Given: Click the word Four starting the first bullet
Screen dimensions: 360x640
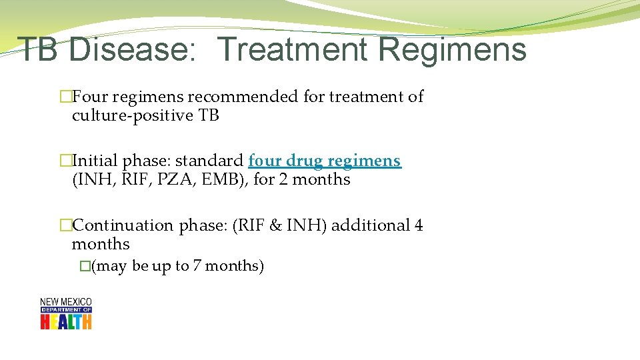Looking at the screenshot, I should (90, 97).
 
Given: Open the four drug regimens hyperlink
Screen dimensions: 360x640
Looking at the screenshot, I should (325, 161).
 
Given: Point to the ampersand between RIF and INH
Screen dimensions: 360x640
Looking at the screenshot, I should (275, 225).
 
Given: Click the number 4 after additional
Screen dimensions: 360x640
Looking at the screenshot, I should (419, 225).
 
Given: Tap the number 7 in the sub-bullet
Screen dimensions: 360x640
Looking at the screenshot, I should (197, 266).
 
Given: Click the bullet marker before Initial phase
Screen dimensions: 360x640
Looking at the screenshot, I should (65, 161).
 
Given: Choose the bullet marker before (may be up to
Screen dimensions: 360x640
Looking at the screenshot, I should (85, 266).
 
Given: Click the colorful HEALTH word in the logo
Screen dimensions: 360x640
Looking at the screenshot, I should (65, 321).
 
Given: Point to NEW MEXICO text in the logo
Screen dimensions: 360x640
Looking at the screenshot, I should (65, 302).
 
